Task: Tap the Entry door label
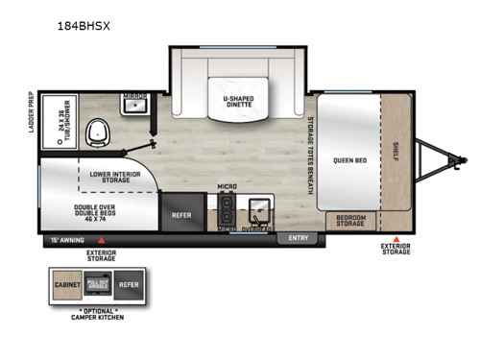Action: click(x=298, y=239)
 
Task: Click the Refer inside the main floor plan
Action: click(x=181, y=215)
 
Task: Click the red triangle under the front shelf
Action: click(x=395, y=237)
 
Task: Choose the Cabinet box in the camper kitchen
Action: click(x=68, y=285)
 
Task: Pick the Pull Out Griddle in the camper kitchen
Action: click(x=99, y=285)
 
